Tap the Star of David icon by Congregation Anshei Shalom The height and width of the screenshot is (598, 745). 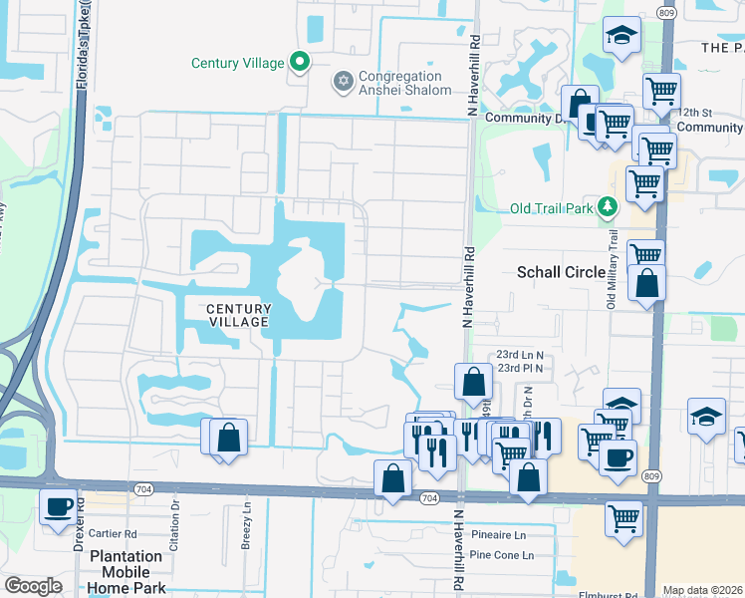click(x=344, y=81)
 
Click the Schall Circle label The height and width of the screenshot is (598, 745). click(x=560, y=272)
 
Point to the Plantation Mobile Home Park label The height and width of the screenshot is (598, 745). click(x=125, y=565)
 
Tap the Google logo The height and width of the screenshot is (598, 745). click(x=33, y=586)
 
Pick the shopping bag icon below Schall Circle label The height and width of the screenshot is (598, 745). click(x=646, y=283)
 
